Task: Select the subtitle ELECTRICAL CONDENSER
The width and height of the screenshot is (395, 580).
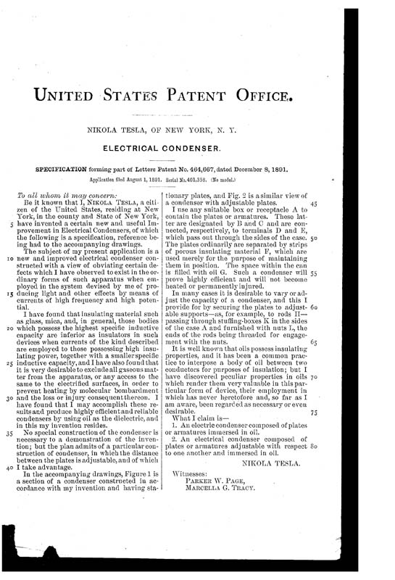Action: click(197, 147)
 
